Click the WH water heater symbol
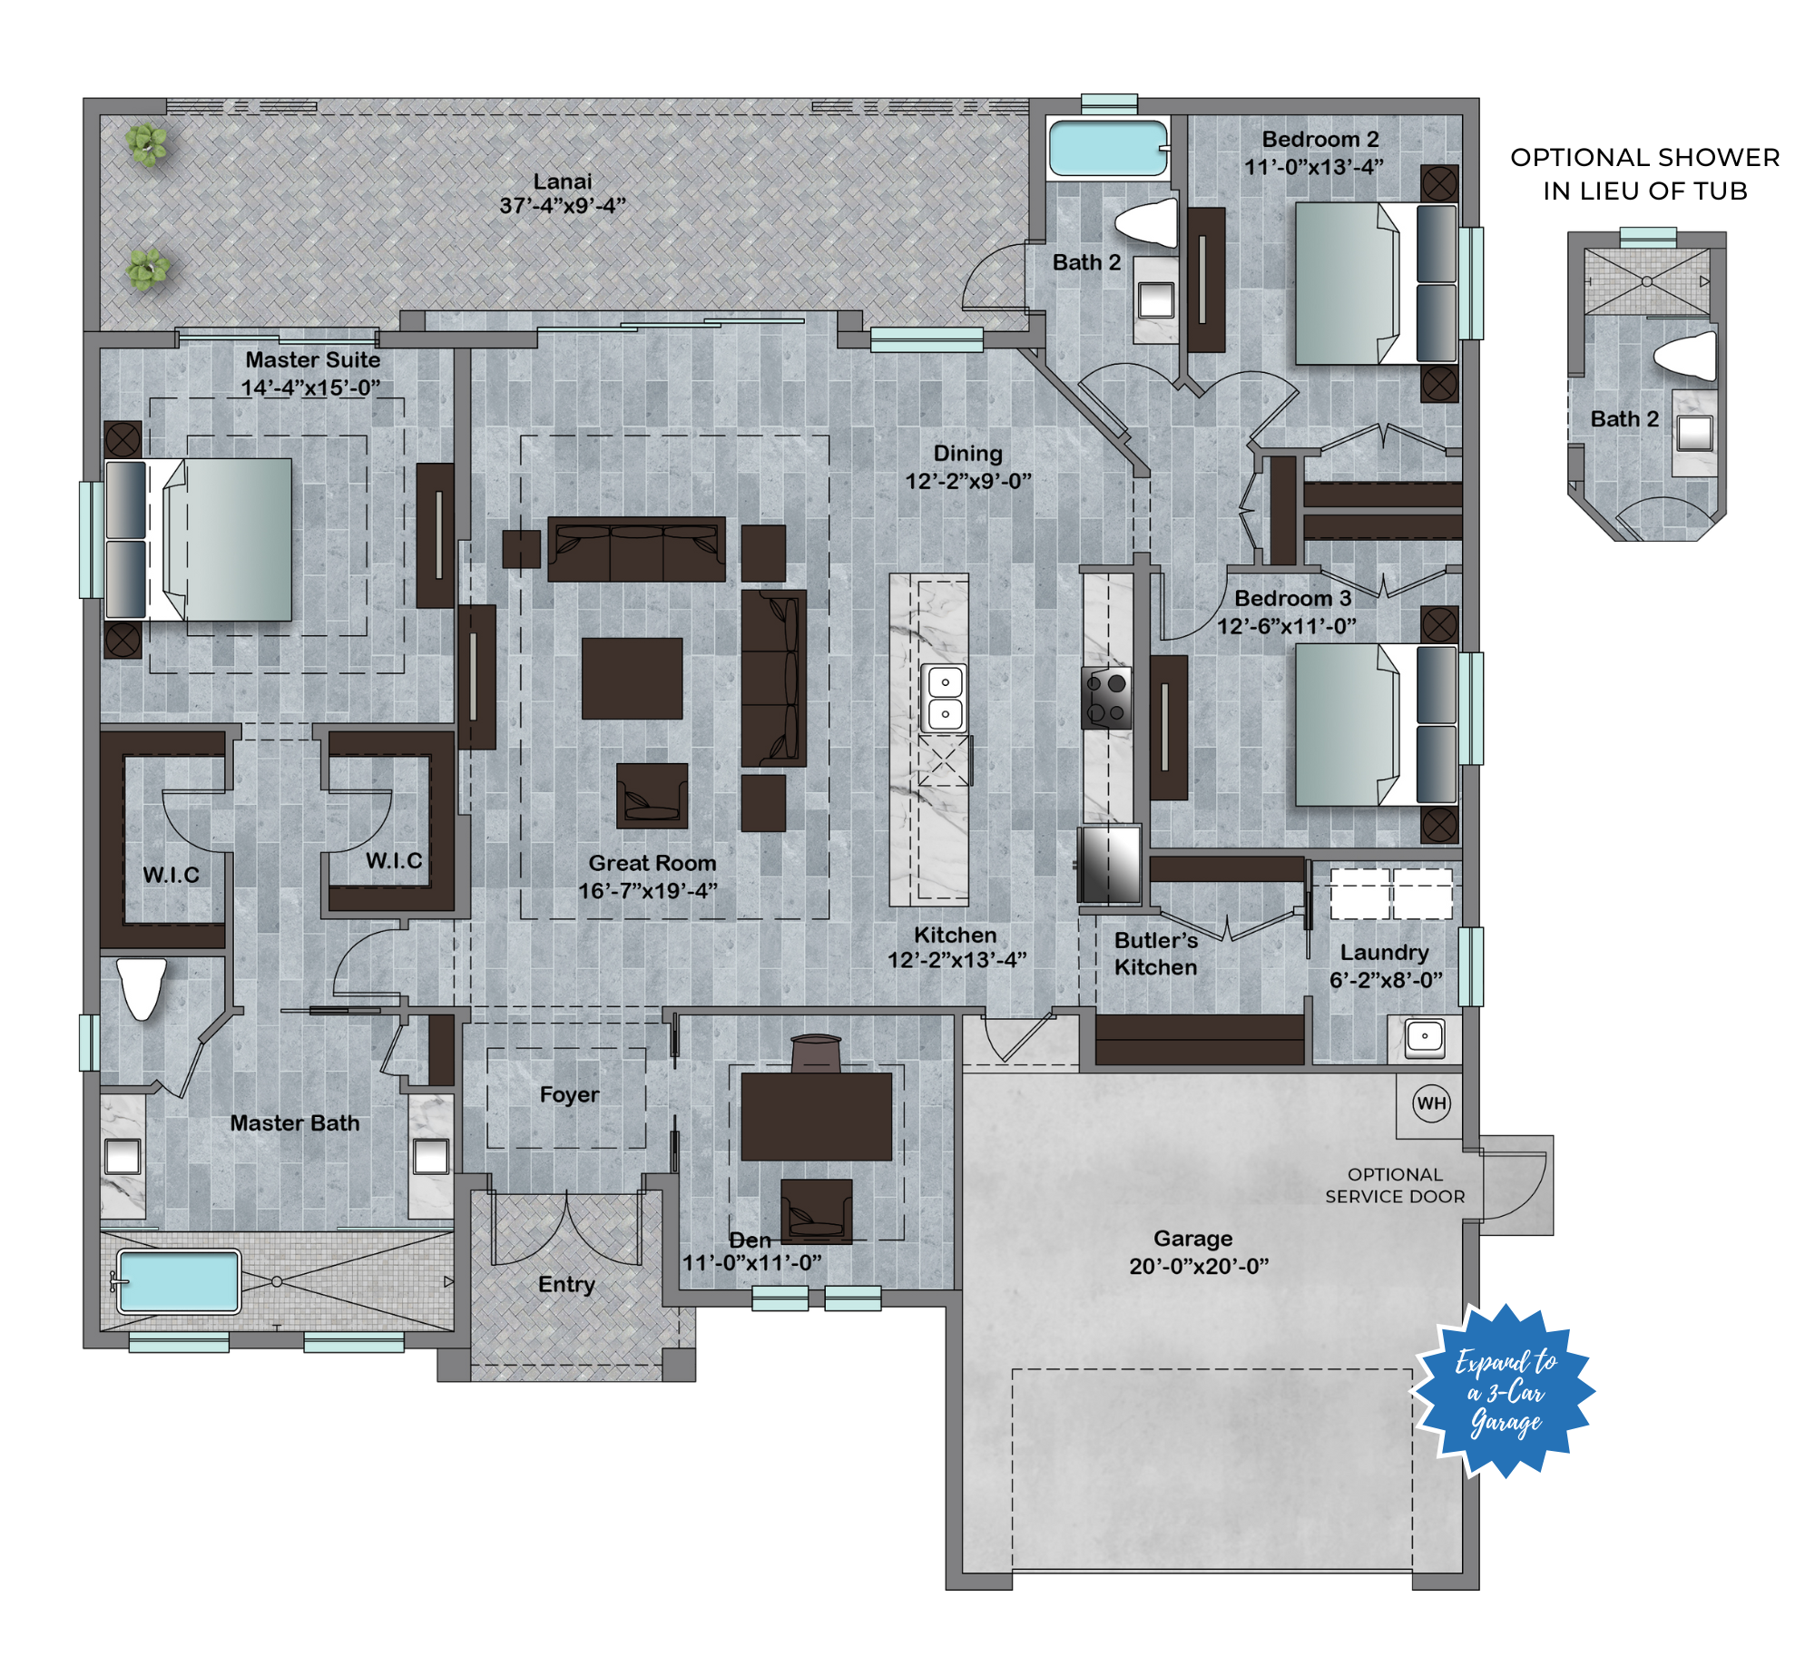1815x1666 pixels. (1431, 1103)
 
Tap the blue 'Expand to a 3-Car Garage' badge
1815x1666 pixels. (1505, 1391)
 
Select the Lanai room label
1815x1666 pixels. (563, 181)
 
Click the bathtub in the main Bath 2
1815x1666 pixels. (1108, 148)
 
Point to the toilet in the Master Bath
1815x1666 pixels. (142, 989)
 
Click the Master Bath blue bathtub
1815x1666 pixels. (179, 1281)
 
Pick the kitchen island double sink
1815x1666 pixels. (945, 698)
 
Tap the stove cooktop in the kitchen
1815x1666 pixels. (1106, 698)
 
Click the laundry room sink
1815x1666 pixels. (1424, 1038)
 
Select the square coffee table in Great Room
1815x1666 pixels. (632, 679)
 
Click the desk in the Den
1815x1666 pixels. (816, 1117)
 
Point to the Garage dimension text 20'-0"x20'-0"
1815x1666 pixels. (1199, 1266)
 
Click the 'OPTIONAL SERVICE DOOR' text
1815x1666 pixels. (1395, 1185)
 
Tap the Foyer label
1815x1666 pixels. (569, 1094)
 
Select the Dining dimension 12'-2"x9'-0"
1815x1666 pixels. (968, 481)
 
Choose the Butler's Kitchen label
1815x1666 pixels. (1156, 954)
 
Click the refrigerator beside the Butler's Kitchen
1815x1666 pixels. (1110, 864)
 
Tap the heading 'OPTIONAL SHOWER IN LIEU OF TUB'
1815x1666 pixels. (1644, 173)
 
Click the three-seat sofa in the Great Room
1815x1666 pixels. (636, 549)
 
